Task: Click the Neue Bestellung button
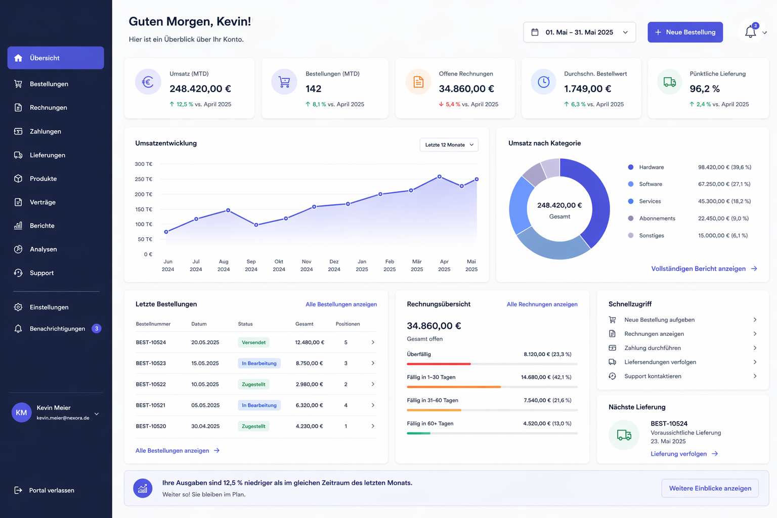click(x=685, y=32)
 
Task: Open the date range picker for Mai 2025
click(x=579, y=32)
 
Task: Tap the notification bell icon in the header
click(x=750, y=32)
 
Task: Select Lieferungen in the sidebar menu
click(x=48, y=155)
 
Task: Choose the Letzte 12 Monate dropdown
click(x=449, y=145)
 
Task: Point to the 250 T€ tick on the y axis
click(x=144, y=179)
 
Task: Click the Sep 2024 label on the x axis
click(x=251, y=266)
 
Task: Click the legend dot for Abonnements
click(x=631, y=218)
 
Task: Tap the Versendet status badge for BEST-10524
click(x=253, y=342)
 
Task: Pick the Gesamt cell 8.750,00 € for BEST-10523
click(x=310, y=363)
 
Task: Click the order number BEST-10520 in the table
click(x=151, y=426)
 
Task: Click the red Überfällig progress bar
click(x=439, y=364)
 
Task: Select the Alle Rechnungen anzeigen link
click(x=542, y=305)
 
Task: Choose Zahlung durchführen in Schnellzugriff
click(x=653, y=348)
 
